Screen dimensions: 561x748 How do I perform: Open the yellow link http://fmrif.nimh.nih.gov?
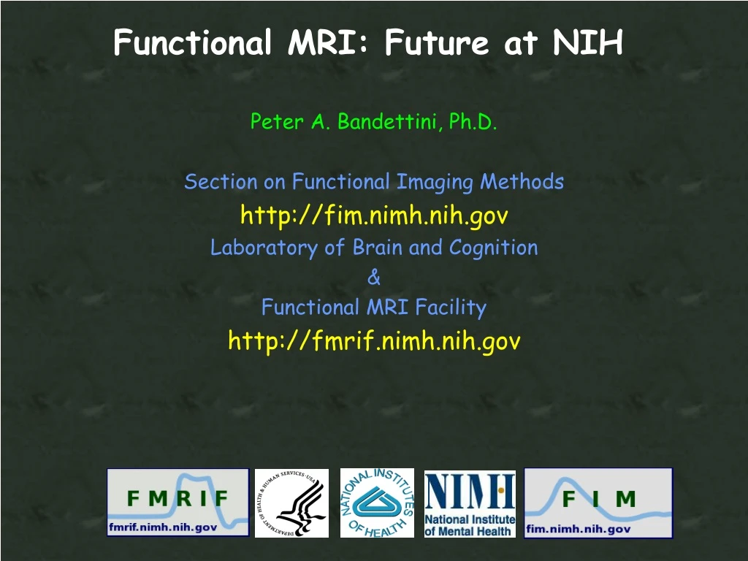pyautogui.click(x=374, y=340)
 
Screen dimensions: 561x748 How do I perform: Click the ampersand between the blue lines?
pyautogui.click(x=374, y=278)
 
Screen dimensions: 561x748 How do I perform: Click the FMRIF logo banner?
pyautogui.click(x=178, y=502)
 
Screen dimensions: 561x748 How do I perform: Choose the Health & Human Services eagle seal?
pyautogui.click(x=291, y=503)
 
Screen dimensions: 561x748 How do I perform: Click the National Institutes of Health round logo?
pyautogui.click(x=377, y=503)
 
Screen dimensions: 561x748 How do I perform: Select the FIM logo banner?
pyautogui.click(x=598, y=502)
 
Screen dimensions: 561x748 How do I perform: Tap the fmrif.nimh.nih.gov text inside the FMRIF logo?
pyautogui.click(x=163, y=527)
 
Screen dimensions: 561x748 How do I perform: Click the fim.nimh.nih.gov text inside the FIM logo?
pyautogui.click(x=578, y=528)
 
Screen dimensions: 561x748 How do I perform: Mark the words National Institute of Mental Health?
pyautogui.click(x=470, y=525)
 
